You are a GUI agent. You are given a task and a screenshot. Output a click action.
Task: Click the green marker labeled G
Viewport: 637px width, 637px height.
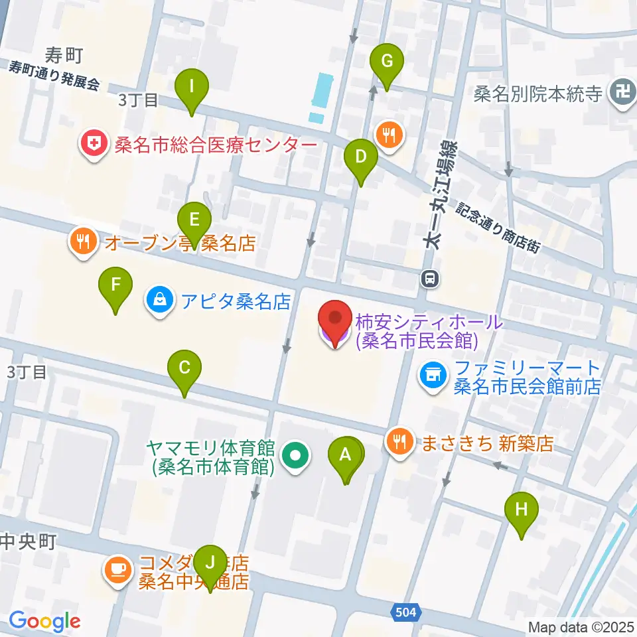(387, 62)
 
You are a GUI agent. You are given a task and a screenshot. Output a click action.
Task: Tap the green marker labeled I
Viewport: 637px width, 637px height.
(192, 87)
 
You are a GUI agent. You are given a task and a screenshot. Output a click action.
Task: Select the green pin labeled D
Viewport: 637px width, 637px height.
(361, 158)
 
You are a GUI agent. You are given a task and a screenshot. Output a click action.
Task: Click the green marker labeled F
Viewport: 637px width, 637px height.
(115, 286)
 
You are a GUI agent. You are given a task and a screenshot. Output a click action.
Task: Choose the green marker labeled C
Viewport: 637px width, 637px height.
(185, 368)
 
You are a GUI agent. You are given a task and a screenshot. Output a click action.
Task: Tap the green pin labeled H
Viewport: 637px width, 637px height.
(522, 510)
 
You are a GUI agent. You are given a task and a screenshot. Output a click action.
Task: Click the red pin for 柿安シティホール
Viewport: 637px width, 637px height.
(335, 321)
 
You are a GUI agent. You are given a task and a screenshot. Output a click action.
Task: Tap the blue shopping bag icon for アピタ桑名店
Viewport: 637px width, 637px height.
(159, 303)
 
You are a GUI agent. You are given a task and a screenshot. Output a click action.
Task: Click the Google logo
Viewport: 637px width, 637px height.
(44, 621)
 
